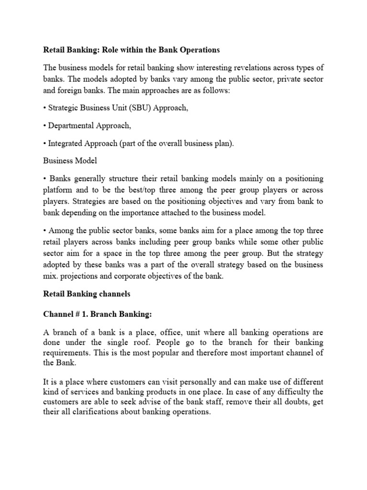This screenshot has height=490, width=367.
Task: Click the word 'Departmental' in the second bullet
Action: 71,126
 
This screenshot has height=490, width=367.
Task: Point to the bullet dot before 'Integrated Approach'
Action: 45,144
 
